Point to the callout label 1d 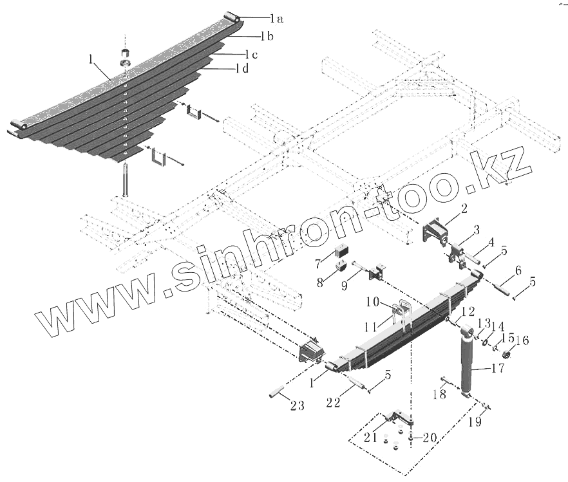(242, 68)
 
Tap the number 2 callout (463, 208)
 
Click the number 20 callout (428, 438)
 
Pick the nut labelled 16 (507, 355)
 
